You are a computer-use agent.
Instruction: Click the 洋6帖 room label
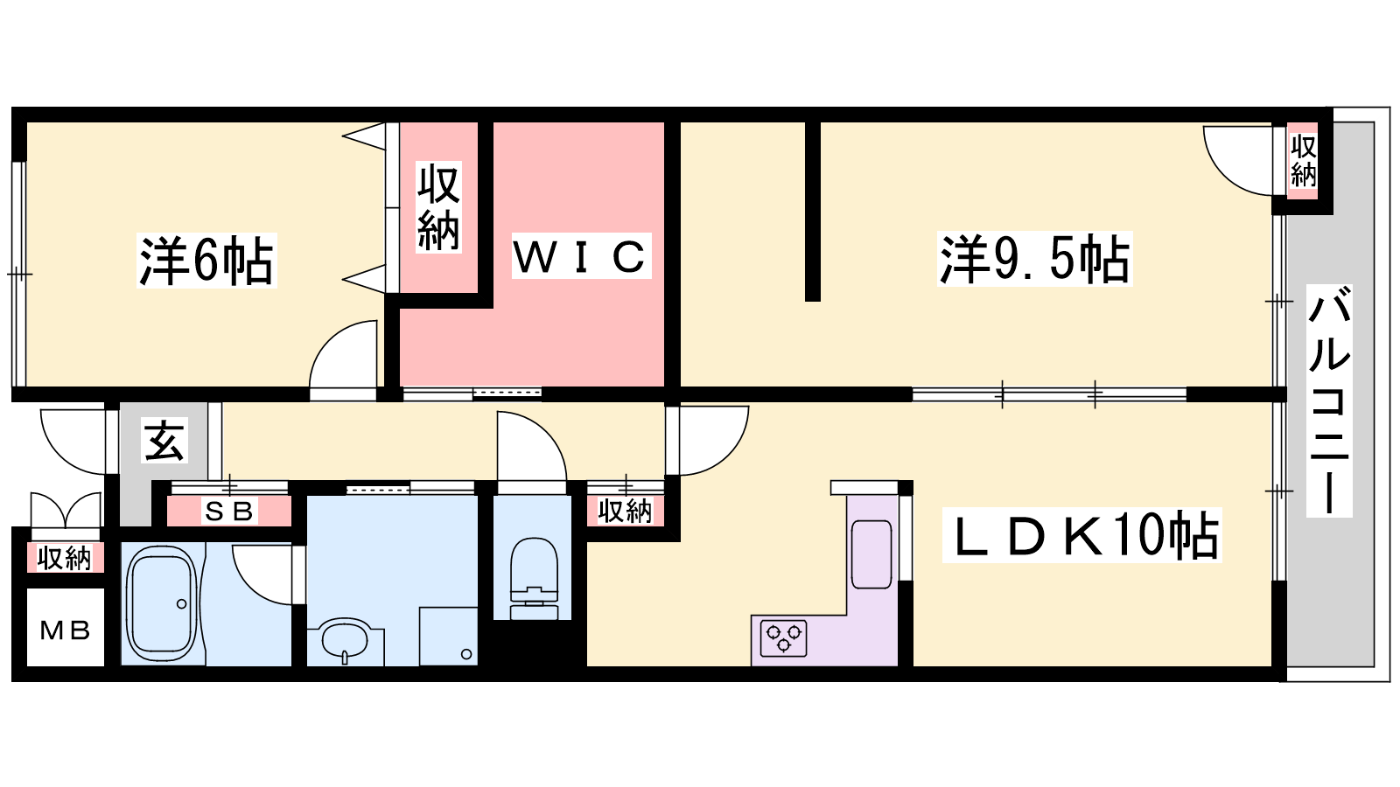click(x=206, y=261)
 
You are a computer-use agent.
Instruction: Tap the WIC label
click(x=581, y=255)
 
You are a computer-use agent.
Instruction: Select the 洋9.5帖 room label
click(x=1035, y=259)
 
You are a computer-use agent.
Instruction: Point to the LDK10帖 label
click(x=1081, y=535)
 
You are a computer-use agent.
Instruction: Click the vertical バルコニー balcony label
click(x=1329, y=400)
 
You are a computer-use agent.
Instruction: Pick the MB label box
click(x=65, y=630)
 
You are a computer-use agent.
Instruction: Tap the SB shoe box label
click(x=229, y=512)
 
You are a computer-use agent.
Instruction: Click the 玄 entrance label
click(x=165, y=441)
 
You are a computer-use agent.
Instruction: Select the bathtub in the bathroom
click(x=162, y=602)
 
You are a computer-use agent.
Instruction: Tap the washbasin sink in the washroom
click(x=345, y=640)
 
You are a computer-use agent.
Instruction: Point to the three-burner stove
click(x=783, y=638)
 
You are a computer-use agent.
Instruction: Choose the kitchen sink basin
click(x=871, y=554)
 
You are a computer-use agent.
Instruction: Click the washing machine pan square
click(x=448, y=636)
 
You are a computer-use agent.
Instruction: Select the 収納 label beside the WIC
click(x=438, y=206)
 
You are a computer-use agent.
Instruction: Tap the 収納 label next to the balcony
click(x=1303, y=160)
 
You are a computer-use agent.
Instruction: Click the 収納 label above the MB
click(x=65, y=558)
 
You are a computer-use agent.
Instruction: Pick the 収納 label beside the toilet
click(x=625, y=512)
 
